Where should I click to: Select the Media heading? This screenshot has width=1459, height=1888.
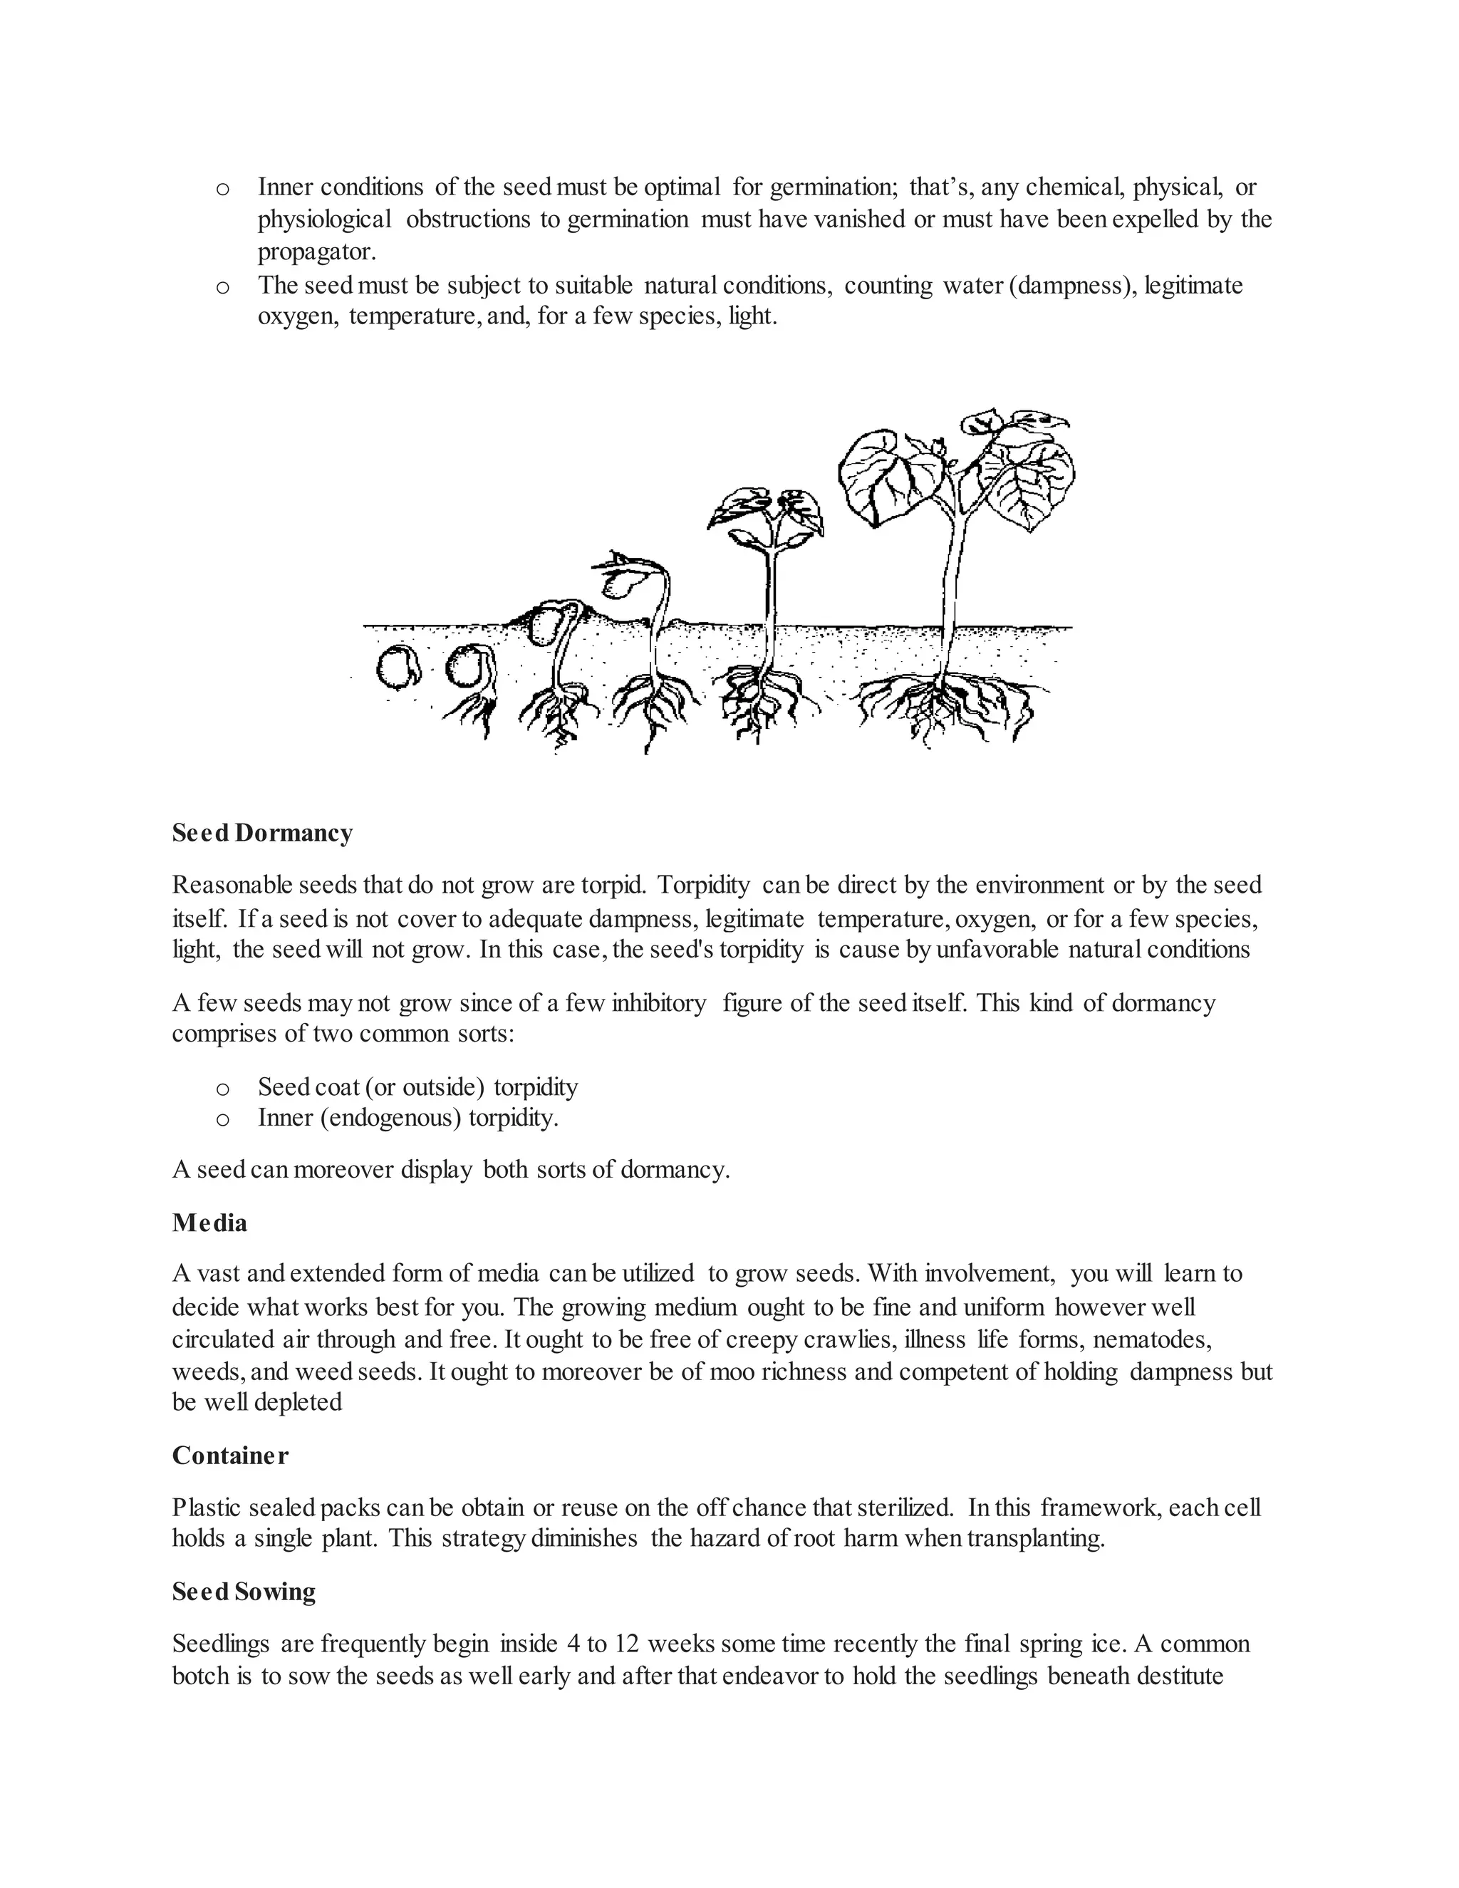tap(209, 1223)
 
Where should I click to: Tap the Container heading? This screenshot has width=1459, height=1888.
tap(230, 1456)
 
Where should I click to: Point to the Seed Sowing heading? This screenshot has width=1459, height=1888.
tap(244, 1592)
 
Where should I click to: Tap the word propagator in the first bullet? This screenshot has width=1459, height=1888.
tap(316, 251)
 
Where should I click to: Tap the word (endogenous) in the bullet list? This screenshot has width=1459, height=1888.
tap(390, 1118)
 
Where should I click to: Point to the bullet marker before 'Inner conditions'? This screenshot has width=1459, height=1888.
tap(222, 187)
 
